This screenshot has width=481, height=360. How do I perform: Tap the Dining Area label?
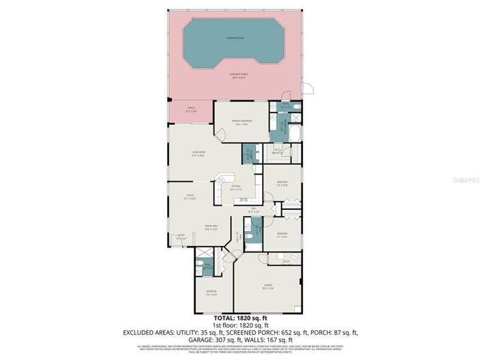(211, 226)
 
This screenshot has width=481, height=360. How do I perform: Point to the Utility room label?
(287, 260)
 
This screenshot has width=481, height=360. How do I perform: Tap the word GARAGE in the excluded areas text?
(203, 340)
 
